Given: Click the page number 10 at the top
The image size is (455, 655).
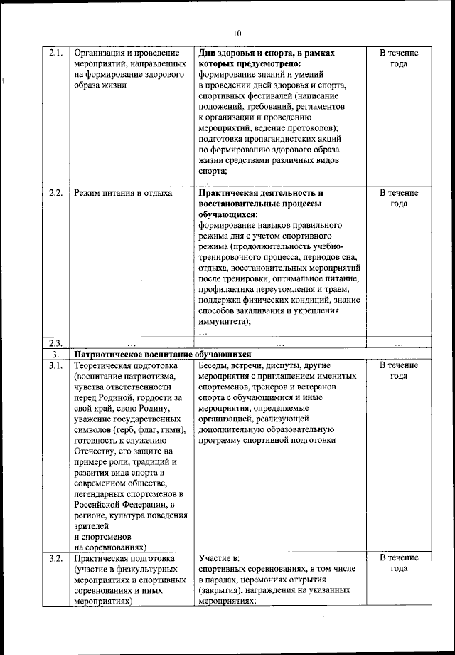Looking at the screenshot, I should [x=237, y=33].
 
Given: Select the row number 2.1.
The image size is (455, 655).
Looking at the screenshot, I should [x=56, y=53].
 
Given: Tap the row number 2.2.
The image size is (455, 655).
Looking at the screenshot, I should [x=56, y=193].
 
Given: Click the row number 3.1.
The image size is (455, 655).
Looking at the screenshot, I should [x=56, y=365].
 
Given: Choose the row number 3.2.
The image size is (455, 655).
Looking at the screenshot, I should [x=56, y=557].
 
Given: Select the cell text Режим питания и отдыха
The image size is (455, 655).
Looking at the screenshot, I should [x=123, y=193].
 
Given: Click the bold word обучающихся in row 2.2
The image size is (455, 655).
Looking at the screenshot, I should [x=228, y=214].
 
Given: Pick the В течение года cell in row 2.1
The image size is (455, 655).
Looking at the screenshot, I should [x=398, y=58].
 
